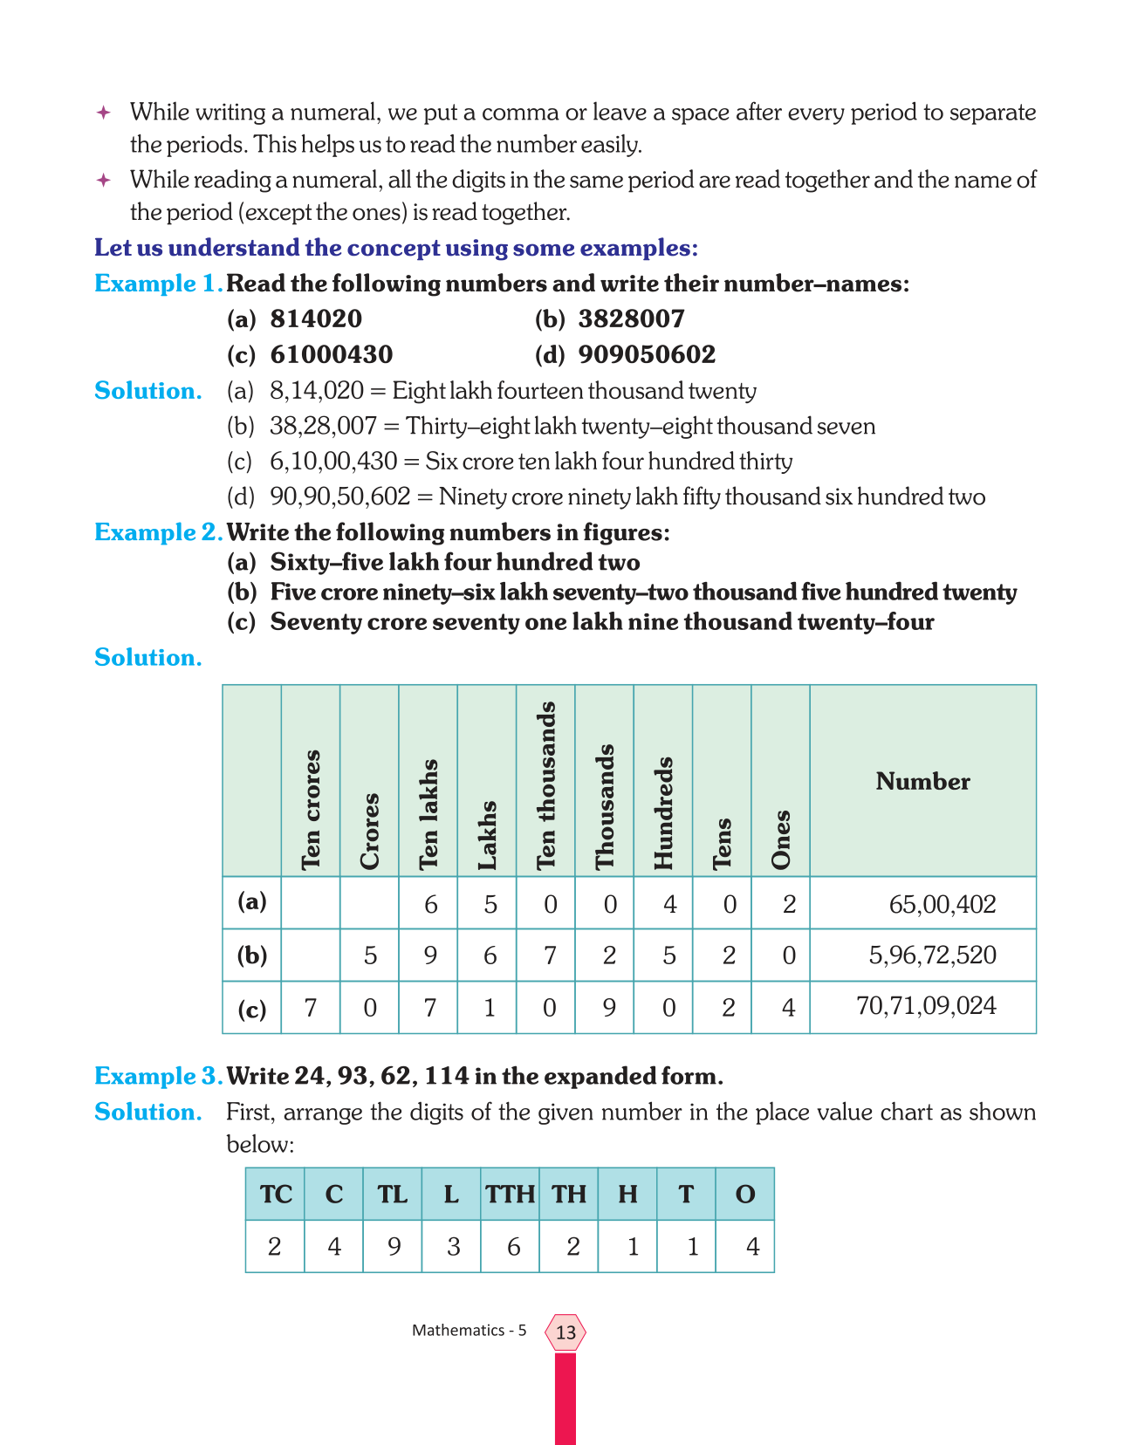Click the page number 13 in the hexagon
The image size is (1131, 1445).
[565, 1332]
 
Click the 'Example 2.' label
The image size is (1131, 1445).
[158, 532]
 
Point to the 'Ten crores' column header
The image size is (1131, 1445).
[311, 810]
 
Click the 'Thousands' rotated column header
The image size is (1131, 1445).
[605, 806]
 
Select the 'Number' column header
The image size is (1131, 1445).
[922, 781]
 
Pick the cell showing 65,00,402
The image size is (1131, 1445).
[942, 904]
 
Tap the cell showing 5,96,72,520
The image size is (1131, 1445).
[932, 955]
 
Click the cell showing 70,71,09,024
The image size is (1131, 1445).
[926, 1006]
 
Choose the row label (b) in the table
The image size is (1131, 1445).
[252, 955]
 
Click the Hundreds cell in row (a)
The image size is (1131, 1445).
[669, 904]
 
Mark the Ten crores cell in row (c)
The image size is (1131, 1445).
[311, 1008]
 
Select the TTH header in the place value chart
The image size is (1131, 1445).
[510, 1195]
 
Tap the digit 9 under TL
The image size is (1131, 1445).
[394, 1247]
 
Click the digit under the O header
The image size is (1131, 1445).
[752, 1247]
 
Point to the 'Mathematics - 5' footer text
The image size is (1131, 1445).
[469, 1331]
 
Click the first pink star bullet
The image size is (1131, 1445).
[103, 113]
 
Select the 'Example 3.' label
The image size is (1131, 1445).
[158, 1077]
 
